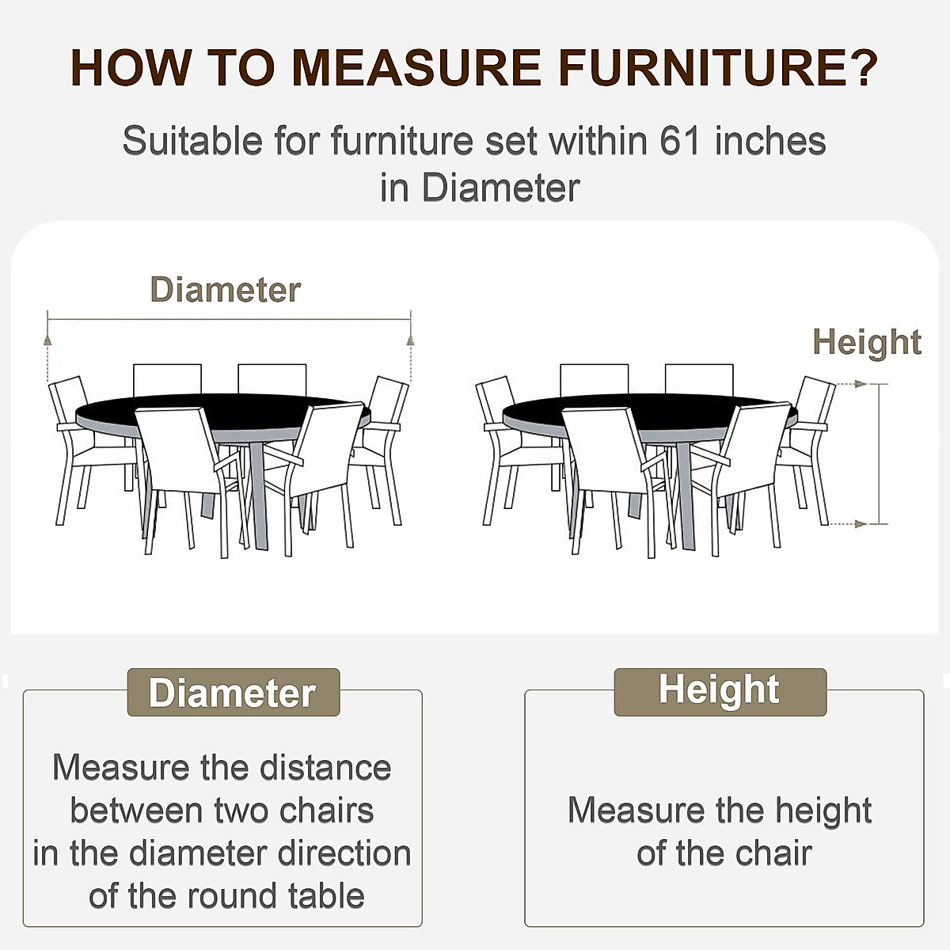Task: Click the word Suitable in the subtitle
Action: [x=192, y=141]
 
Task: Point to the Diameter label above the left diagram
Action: [x=226, y=290]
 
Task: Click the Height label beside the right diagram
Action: [x=867, y=342]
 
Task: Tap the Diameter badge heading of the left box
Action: [x=233, y=693]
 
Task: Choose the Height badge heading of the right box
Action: [x=719, y=690]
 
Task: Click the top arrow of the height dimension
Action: [x=863, y=385]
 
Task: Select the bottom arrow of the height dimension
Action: [x=863, y=523]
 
